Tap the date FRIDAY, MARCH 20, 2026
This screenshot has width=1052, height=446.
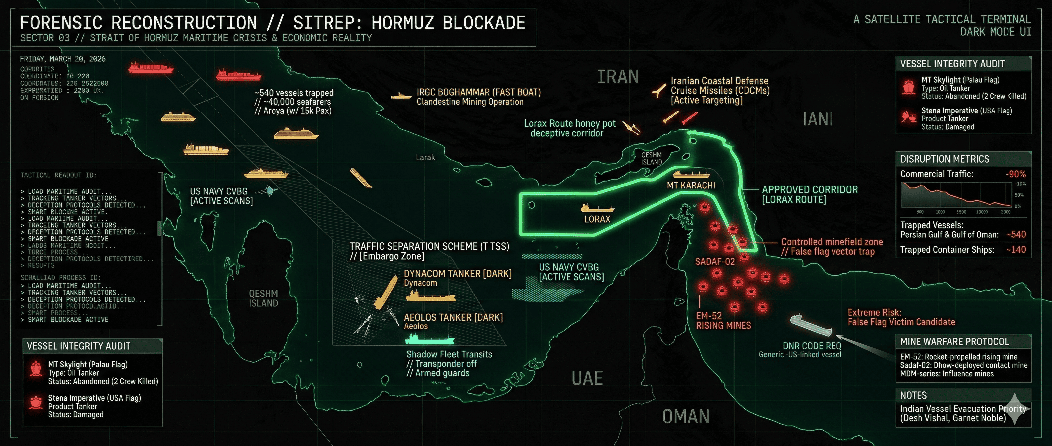pyautogui.click(x=62, y=59)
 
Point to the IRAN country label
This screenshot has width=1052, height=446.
pyautogui.click(x=618, y=77)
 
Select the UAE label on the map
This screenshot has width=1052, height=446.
pyautogui.click(x=587, y=378)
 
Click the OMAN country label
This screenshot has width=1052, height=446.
pyautogui.click(x=686, y=416)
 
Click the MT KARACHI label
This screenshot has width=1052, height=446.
pyautogui.click(x=691, y=185)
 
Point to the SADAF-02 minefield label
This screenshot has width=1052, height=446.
pyautogui.click(x=715, y=261)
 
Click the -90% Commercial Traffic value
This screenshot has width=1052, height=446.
pyautogui.click(x=1015, y=174)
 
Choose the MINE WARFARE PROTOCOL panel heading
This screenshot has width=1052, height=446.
pyautogui.click(x=954, y=341)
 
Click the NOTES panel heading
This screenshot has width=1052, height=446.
pyautogui.click(x=914, y=395)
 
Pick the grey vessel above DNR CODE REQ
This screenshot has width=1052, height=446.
pyautogui.click(x=810, y=325)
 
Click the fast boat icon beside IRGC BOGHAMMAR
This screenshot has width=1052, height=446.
pyautogui.click(x=401, y=96)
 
